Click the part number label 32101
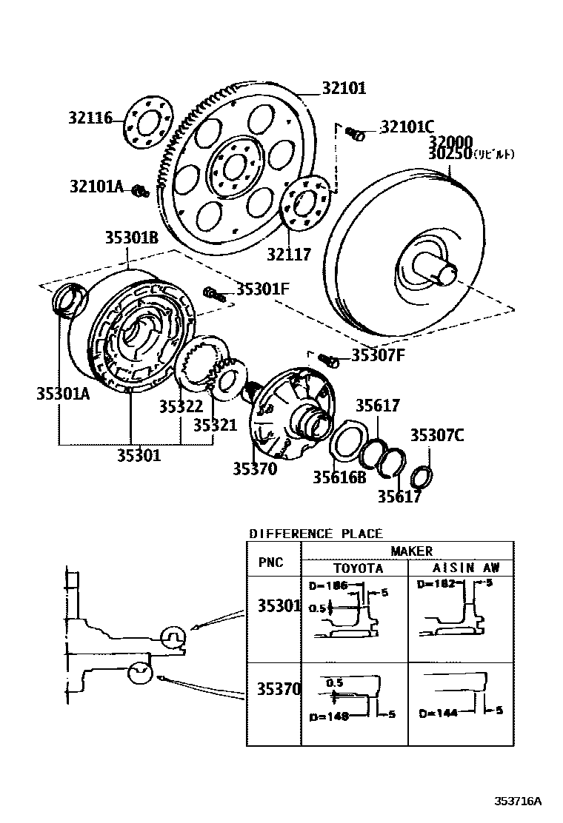pyautogui.click(x=344, y=90)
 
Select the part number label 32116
pyautogui.click(x=91, y=118)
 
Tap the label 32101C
pyautogui.click(x=407, y=127)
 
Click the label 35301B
pyautogui.click(x=131, y=238)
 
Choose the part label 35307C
pyautogui.click(x=437, y=435)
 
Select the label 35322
pyautogui.click(x=180, y=406)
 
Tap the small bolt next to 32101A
pyautogui.click(x=139, y=192)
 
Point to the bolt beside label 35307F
pyautogui.click(x=329, y=360)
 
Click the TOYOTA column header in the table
pyautogui.click(x=356, y=568)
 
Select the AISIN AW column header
pyautogui.click(x=466, y=568)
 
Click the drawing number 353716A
pyautogui.click(x=519, y=801)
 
